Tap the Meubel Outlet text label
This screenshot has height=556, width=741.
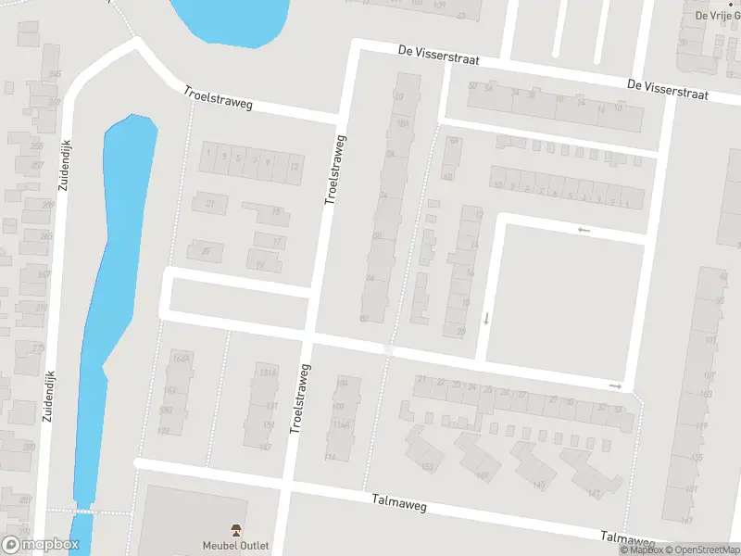pos(236,545)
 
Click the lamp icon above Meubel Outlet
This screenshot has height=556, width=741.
pos(236,530)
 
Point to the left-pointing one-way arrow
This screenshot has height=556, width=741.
pos(584,230)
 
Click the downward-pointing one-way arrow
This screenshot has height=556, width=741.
pos(486,319)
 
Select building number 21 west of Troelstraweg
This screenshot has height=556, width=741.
pos(210,204)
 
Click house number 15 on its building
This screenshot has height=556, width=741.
pos(276,212)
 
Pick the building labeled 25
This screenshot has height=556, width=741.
pos(206,251)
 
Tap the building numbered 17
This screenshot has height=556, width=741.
pos(279,242)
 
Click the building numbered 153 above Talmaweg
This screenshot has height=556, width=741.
pos(427,466)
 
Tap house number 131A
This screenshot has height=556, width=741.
pos(269,373)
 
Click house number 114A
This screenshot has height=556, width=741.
pos(342,424)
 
